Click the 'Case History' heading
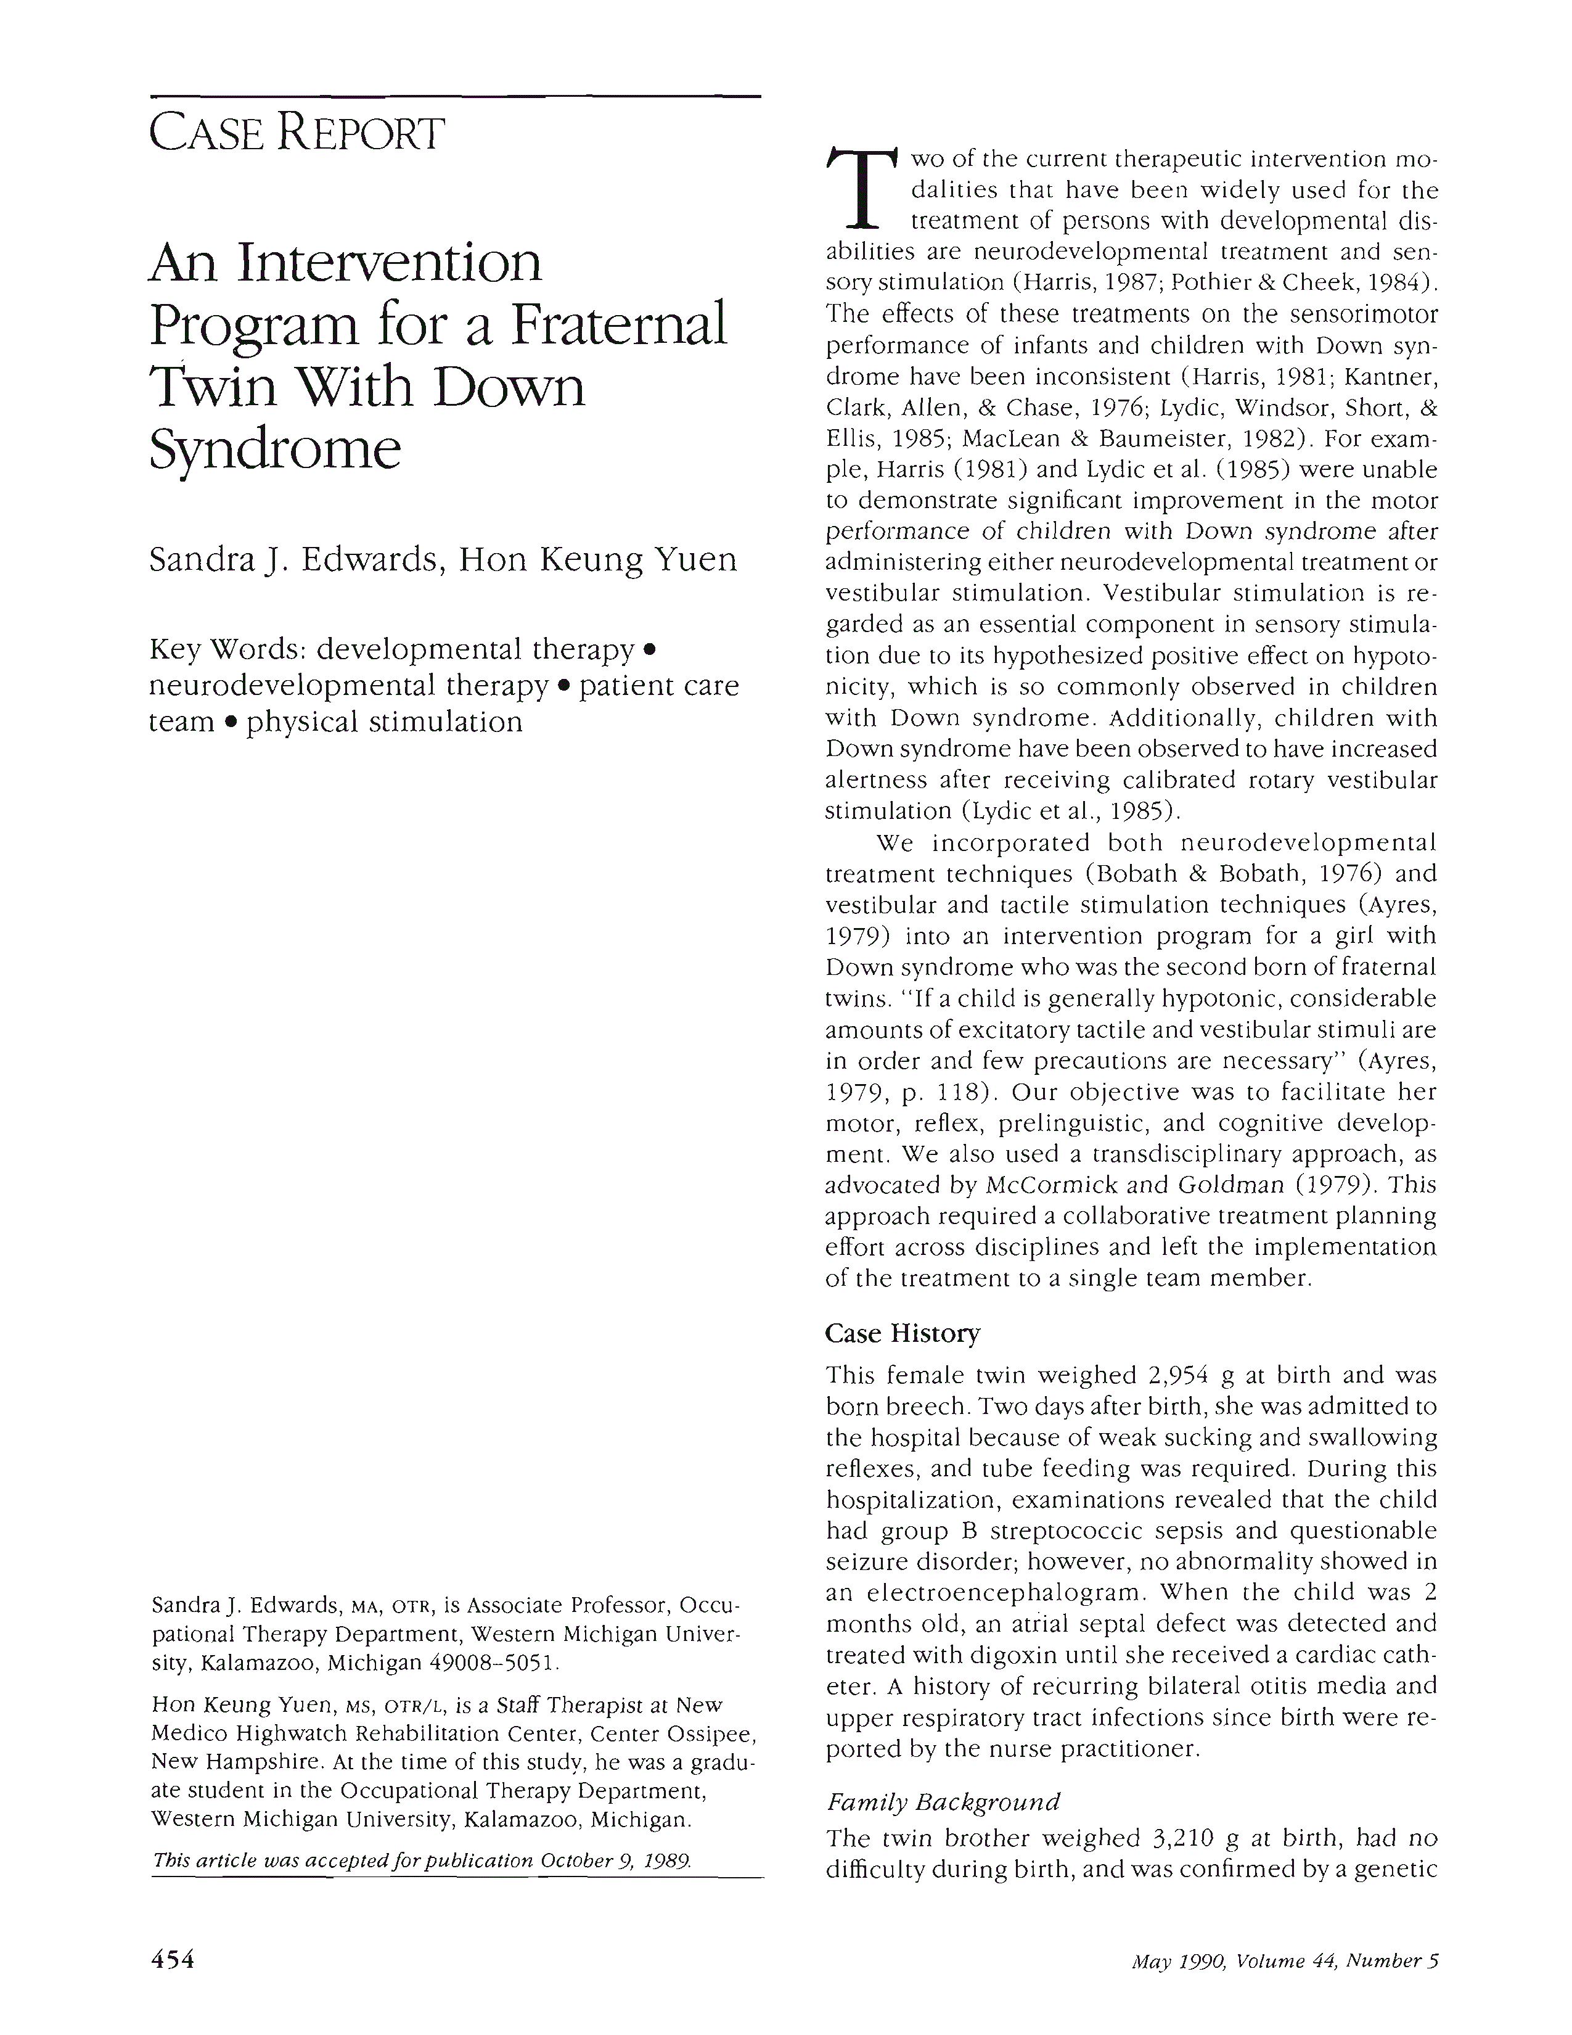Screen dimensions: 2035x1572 click(903, 1333)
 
